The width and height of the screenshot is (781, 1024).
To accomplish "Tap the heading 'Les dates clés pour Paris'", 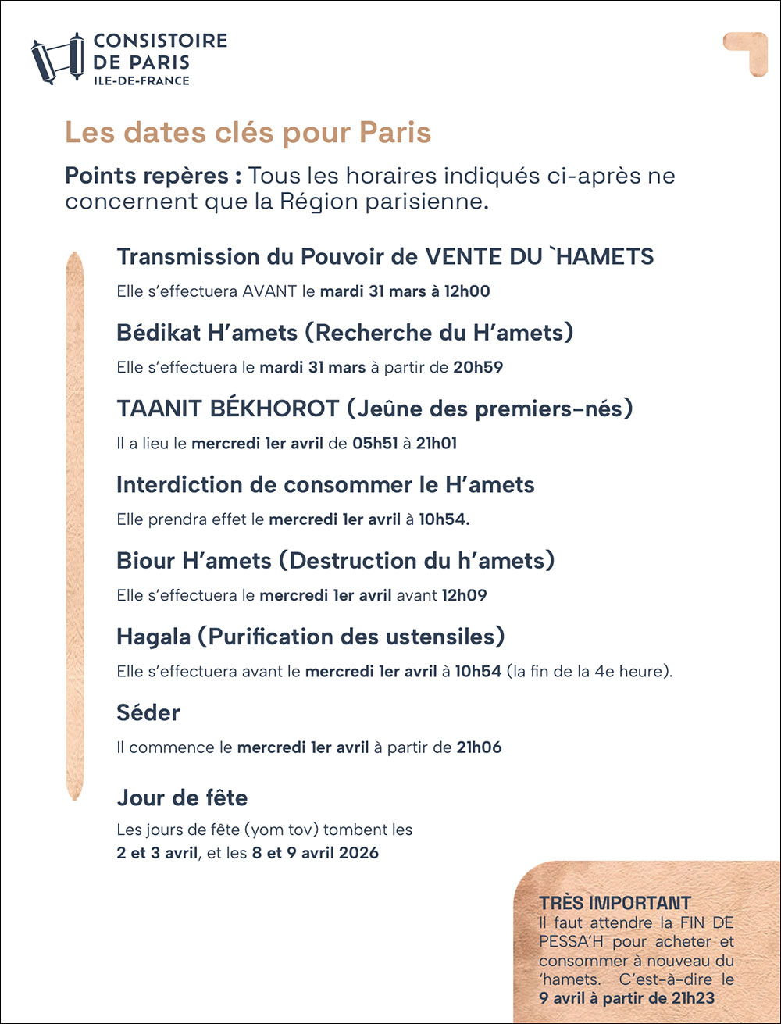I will click(x=248, y=133).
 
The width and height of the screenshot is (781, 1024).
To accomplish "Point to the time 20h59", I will click(x=478, y=368).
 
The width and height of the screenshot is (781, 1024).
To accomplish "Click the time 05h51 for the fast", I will click(x=373, y=444).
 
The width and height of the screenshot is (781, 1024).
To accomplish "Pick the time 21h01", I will click(x=437, y=444).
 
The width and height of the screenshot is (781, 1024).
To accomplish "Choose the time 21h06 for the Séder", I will click(x=479, y=747).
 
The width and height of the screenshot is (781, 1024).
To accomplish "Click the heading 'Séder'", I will click(x=148, y=712).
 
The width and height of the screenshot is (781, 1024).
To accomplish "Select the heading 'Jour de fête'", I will click(x=182, y=797).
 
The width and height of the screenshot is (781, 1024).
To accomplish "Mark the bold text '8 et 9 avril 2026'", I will click(x=315, y=853).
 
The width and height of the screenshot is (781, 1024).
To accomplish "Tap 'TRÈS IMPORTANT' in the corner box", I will click(x=615, y=904).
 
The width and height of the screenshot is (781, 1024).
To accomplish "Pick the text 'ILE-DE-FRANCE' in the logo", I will click(x=141, y=80).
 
